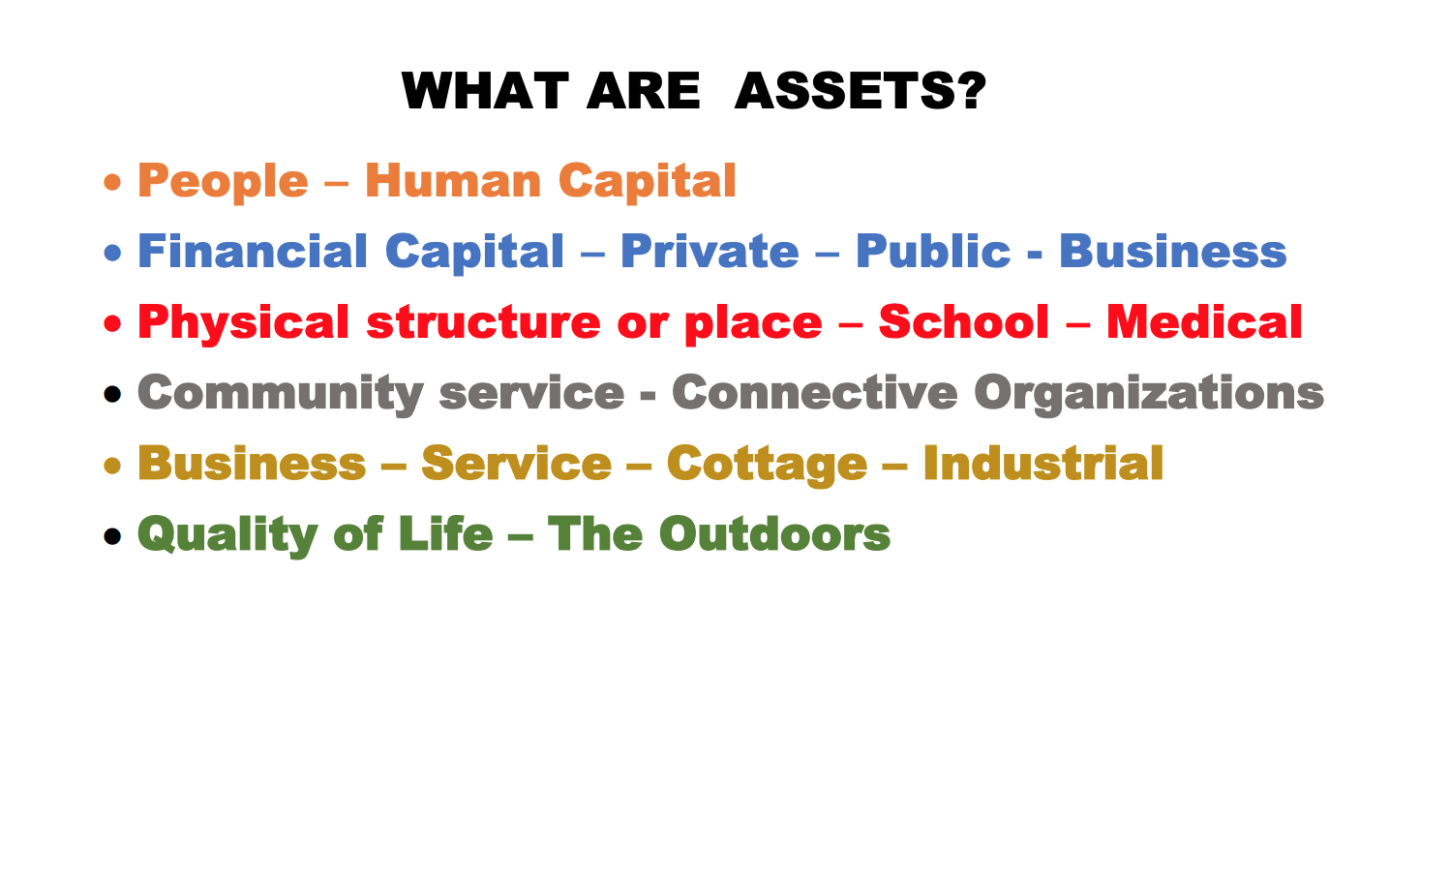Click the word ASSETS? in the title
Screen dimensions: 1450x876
861,91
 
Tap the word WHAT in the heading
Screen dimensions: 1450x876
485,91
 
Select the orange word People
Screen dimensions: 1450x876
223,182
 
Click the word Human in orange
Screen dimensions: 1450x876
453,180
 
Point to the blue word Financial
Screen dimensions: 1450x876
253,251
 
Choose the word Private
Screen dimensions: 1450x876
710,251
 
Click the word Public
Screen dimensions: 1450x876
933,251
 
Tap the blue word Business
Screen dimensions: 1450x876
1173,251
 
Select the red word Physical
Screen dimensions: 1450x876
243,323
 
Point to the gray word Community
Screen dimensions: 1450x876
281,394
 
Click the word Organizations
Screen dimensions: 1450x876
1149,394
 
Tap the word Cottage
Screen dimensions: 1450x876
767,465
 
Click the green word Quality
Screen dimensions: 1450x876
227,535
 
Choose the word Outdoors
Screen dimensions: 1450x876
774,534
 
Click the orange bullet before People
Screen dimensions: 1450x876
112,182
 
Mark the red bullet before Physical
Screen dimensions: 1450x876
112,323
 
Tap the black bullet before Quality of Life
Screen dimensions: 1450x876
112,536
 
